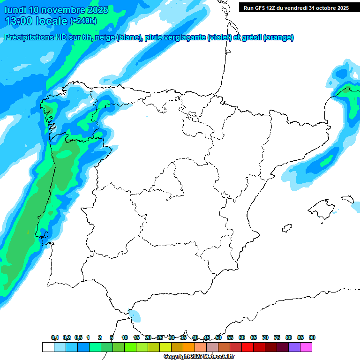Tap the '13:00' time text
(19, 21)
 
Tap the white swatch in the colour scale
(48, 347)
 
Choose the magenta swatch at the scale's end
(306, 347)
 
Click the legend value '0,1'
(55, 337)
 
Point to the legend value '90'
(312, 337)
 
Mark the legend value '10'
(125, 337)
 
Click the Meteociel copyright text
(199, 357)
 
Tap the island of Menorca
(348, 199)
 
